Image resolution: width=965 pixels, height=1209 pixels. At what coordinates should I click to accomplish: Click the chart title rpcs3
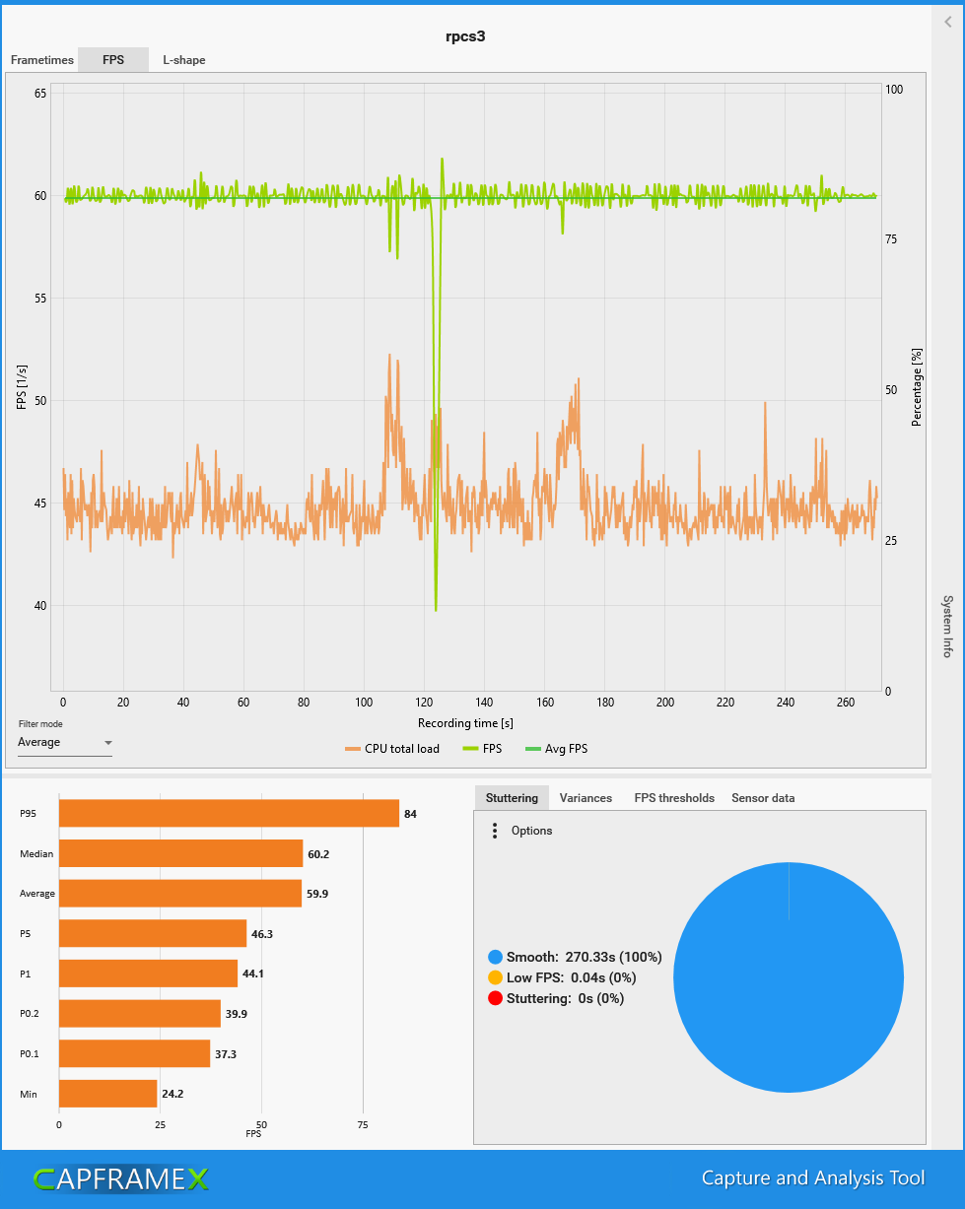[x=466, y=36]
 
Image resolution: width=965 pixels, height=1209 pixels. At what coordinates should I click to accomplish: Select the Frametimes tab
[x=42, y=60]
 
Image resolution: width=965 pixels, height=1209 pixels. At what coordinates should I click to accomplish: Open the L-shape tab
[x=184, y=60]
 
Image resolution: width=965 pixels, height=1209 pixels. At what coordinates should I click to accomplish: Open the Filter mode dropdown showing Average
[x=65, y=743]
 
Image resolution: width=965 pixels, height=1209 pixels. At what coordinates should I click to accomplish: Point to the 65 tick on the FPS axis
[x=40, y=94]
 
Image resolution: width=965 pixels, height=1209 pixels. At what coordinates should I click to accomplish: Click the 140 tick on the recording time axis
[x=485, y=703]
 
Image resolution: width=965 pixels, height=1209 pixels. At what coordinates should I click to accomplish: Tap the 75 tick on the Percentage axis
[x=893, y=239]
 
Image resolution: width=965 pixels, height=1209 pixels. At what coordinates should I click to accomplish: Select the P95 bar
[x=229, y=813]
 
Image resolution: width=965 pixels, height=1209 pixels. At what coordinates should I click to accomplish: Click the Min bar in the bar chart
[x=108, y=1093]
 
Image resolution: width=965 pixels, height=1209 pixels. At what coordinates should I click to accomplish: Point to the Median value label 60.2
[x=318, y=854]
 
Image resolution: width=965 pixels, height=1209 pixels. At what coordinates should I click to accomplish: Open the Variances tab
[x=586, y=798]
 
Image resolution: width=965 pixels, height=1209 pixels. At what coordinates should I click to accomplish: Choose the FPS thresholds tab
[x=674, y=798]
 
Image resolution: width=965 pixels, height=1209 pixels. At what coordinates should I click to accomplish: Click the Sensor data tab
[x=763, y=798]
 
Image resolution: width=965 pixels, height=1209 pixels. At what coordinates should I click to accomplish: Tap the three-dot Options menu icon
[x=494, y=831]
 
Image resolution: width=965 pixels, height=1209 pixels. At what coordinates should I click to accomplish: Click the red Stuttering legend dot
[x=495, y=998]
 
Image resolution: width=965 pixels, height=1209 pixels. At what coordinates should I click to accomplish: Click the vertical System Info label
[x=948, y=627]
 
